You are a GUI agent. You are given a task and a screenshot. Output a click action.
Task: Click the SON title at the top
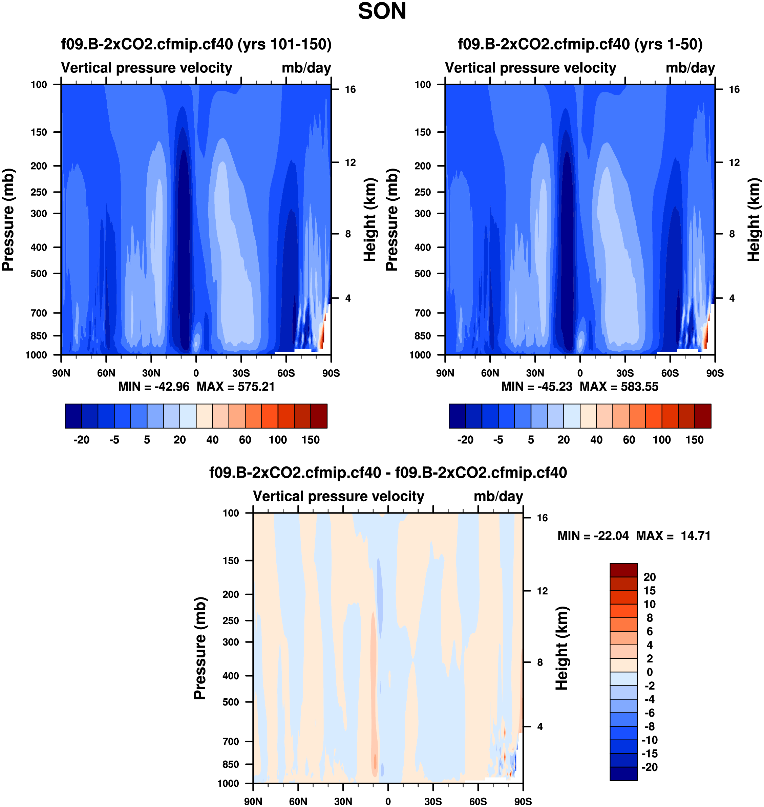pos(382,12)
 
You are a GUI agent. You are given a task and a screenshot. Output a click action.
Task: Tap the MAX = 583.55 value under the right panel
pos(619,386)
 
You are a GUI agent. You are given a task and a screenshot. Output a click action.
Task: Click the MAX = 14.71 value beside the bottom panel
pos(673,536)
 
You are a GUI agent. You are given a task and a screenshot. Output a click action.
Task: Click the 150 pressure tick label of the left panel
pos(39,132)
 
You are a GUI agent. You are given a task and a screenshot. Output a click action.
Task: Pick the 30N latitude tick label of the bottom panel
pos(343,801)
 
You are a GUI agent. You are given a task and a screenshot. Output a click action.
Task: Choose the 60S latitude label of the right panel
pos(670,373)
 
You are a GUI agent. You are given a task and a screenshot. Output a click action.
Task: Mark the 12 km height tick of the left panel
pos(350,162)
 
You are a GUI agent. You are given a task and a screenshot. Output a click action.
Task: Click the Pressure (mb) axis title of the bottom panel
pos(199,648)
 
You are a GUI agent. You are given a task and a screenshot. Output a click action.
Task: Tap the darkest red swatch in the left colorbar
pos(318,416)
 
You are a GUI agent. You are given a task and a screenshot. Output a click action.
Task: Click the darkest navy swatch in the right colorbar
pos(457,416)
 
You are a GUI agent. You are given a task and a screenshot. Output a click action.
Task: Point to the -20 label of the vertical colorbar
pos(650,767)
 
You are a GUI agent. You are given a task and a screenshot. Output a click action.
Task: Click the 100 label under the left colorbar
pos(278,440)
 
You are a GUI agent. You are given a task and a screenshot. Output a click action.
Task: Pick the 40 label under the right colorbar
pos(596,440)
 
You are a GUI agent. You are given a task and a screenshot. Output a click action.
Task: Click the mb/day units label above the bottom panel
pos(498,496)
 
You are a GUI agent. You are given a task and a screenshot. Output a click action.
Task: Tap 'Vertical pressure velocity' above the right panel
pos(530,68)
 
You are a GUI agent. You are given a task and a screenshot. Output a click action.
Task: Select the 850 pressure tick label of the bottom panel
pos(231,764)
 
